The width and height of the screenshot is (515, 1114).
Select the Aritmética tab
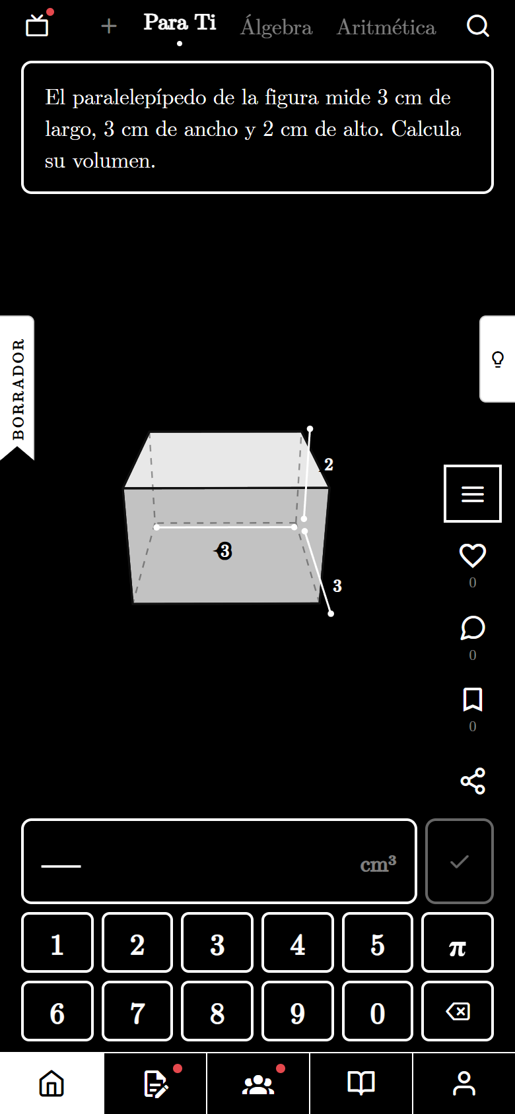(386, 27)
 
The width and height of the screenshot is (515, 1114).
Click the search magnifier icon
(477, 26)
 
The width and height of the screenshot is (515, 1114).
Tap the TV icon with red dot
(38, 25)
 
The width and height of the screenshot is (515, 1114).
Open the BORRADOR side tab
(17, 388)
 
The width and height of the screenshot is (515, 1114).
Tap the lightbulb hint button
(498, 358)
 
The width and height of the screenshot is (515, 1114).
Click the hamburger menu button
(472, 494)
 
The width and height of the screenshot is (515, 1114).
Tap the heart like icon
(472, 556)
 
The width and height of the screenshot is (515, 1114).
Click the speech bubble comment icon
(472, 628)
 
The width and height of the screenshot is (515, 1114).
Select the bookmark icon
(472, 700)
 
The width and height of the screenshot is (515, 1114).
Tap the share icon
(472, 781)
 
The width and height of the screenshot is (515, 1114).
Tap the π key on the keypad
(458, 942)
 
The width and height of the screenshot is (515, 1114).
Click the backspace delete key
(458, 1011)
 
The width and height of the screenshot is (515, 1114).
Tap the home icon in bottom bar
(51, 1083)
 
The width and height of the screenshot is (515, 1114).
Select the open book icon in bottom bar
(360, 1083)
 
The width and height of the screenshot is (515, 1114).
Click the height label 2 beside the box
(328, 465)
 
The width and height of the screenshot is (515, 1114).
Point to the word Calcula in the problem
(426, 129)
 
